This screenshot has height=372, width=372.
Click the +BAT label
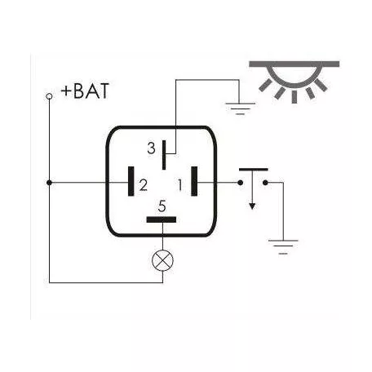coord(85,91)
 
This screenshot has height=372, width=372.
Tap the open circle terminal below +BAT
coord(49,96)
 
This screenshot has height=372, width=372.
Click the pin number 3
coord(151,148)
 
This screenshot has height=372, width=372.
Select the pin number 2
coord(144,185)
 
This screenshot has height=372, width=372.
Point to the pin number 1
coord(179,185)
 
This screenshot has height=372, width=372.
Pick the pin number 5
coord(162,206)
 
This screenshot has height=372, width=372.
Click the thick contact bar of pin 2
coord(131,181)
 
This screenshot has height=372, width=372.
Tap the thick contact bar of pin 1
coord(194,181)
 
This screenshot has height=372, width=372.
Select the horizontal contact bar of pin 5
coord(162,219)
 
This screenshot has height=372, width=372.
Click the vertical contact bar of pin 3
coord(164,155)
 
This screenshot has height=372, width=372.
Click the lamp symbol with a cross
coord(162,260)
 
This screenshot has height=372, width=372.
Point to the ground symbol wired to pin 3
coord(240,108)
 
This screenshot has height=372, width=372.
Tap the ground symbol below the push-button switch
coord(283,247)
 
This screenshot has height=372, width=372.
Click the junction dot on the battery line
coord(49,183)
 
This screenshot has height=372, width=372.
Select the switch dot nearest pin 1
coord(241,183)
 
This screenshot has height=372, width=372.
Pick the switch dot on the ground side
coord(265,183)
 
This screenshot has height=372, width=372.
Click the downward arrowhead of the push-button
coord(252,206)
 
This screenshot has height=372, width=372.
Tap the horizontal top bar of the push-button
coord(254,170)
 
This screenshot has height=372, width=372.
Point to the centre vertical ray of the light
coord(294,97)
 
